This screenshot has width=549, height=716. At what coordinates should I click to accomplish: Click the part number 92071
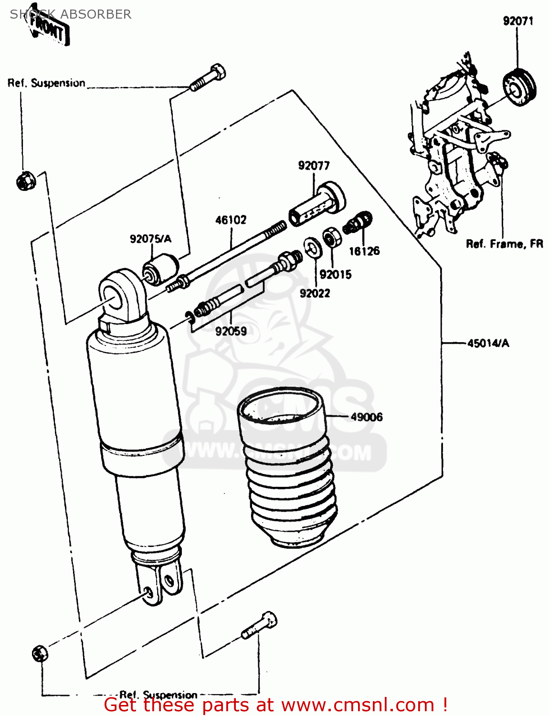518,21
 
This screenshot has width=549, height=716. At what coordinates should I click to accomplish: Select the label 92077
314,166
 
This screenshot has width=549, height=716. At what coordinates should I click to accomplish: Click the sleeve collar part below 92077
317,204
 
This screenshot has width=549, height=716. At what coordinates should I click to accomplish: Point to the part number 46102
231,220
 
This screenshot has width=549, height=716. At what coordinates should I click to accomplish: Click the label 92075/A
150,239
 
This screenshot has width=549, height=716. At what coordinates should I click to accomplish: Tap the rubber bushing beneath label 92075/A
161,269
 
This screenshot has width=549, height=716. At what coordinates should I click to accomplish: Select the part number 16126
364,251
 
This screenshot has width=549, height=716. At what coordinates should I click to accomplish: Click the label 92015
335,274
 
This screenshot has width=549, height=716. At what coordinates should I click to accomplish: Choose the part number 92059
231,331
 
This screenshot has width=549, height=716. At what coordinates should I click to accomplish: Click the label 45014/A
488,343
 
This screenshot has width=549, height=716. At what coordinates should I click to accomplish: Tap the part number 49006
367,417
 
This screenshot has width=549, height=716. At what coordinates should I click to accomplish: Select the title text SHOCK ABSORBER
71,14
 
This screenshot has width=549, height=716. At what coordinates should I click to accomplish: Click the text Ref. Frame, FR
505,244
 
